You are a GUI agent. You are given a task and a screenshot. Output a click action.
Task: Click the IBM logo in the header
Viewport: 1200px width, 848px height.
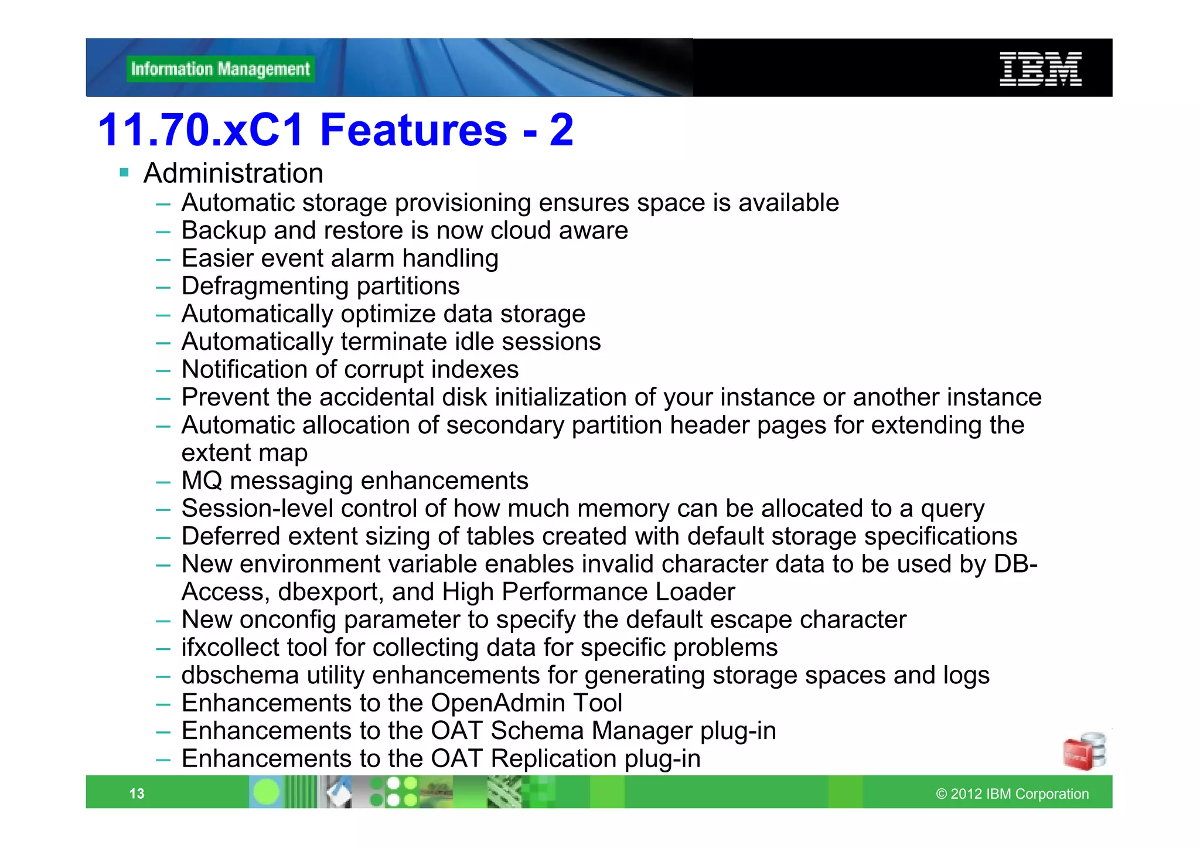(x=1040, y=69)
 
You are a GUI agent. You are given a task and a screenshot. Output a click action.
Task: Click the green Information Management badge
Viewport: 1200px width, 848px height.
(x=220, y=69)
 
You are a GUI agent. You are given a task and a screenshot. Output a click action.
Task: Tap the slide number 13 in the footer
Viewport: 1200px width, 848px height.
(x=137, y=793)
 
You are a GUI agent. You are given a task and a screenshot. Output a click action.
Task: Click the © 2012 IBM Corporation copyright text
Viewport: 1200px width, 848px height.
(x=1012, y=794)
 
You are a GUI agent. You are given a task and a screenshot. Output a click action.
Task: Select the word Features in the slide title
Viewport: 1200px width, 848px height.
(x=414, y=130)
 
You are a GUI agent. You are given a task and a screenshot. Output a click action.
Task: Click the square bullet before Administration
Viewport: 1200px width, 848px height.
(x=124, y=173)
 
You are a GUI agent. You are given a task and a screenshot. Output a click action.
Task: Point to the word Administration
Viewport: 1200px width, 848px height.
(x=233, y=173)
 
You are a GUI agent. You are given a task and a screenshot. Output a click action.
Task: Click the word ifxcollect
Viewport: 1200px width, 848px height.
(x=230, y=648)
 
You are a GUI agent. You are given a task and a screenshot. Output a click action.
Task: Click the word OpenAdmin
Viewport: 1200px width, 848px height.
(x=498, y=703)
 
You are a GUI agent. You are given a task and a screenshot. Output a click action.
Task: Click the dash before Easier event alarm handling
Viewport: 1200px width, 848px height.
(x=163, y=259)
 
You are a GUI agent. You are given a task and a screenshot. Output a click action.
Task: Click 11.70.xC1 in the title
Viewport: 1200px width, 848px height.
(x=201, y=130)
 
